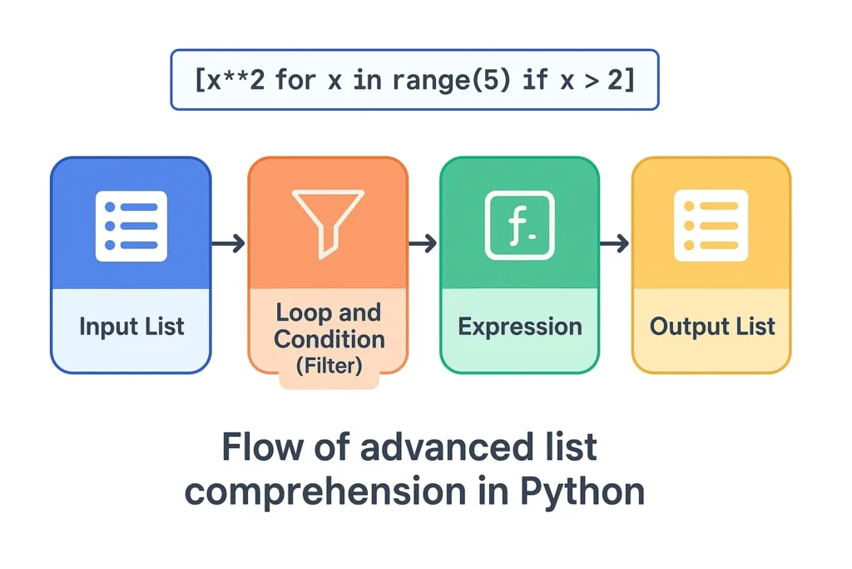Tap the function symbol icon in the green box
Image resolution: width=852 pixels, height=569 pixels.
519,225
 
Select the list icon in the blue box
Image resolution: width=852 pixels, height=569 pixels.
131,226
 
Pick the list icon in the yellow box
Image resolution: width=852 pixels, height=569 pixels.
711,225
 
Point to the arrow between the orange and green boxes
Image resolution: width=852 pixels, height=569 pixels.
423,244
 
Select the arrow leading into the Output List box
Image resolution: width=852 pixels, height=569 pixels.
614,244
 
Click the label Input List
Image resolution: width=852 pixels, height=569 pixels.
131,326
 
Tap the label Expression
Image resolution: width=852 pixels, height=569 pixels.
519,326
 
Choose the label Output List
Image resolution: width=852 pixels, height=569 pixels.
711,326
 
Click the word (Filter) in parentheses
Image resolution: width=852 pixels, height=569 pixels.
329,366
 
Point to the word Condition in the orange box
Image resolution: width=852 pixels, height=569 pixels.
329,339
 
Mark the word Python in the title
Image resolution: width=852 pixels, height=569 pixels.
582,491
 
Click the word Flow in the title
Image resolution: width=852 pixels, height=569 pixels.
263,447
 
